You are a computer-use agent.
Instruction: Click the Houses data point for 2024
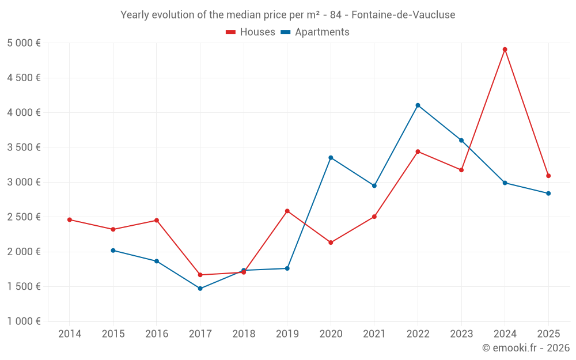point(505,50)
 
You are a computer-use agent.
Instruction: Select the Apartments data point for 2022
point(418,105)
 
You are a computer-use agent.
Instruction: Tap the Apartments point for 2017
point(200,289)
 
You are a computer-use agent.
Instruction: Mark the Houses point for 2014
point(70,219)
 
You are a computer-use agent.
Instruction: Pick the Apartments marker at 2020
point(331,158)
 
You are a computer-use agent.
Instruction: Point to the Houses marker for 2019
point(287,211)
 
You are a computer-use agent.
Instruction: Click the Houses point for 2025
point(548,176)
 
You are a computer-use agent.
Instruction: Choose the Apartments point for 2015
point(113,251)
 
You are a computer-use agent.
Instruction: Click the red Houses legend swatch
point(231,32)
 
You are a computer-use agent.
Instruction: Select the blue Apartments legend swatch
point(285,32)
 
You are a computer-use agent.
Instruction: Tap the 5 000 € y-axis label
point(24,43)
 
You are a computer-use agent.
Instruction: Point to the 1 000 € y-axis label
point(24,321)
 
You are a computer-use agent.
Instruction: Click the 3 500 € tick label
point(24,147)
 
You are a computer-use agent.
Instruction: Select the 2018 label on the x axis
point(244,334)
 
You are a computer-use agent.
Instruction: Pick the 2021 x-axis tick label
point(374,334)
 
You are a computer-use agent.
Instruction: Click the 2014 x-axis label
point(70,334)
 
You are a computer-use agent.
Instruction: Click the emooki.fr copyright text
point(525,348)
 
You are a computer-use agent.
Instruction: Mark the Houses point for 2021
point(374,217)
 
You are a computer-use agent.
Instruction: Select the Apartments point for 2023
point(461,141)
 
